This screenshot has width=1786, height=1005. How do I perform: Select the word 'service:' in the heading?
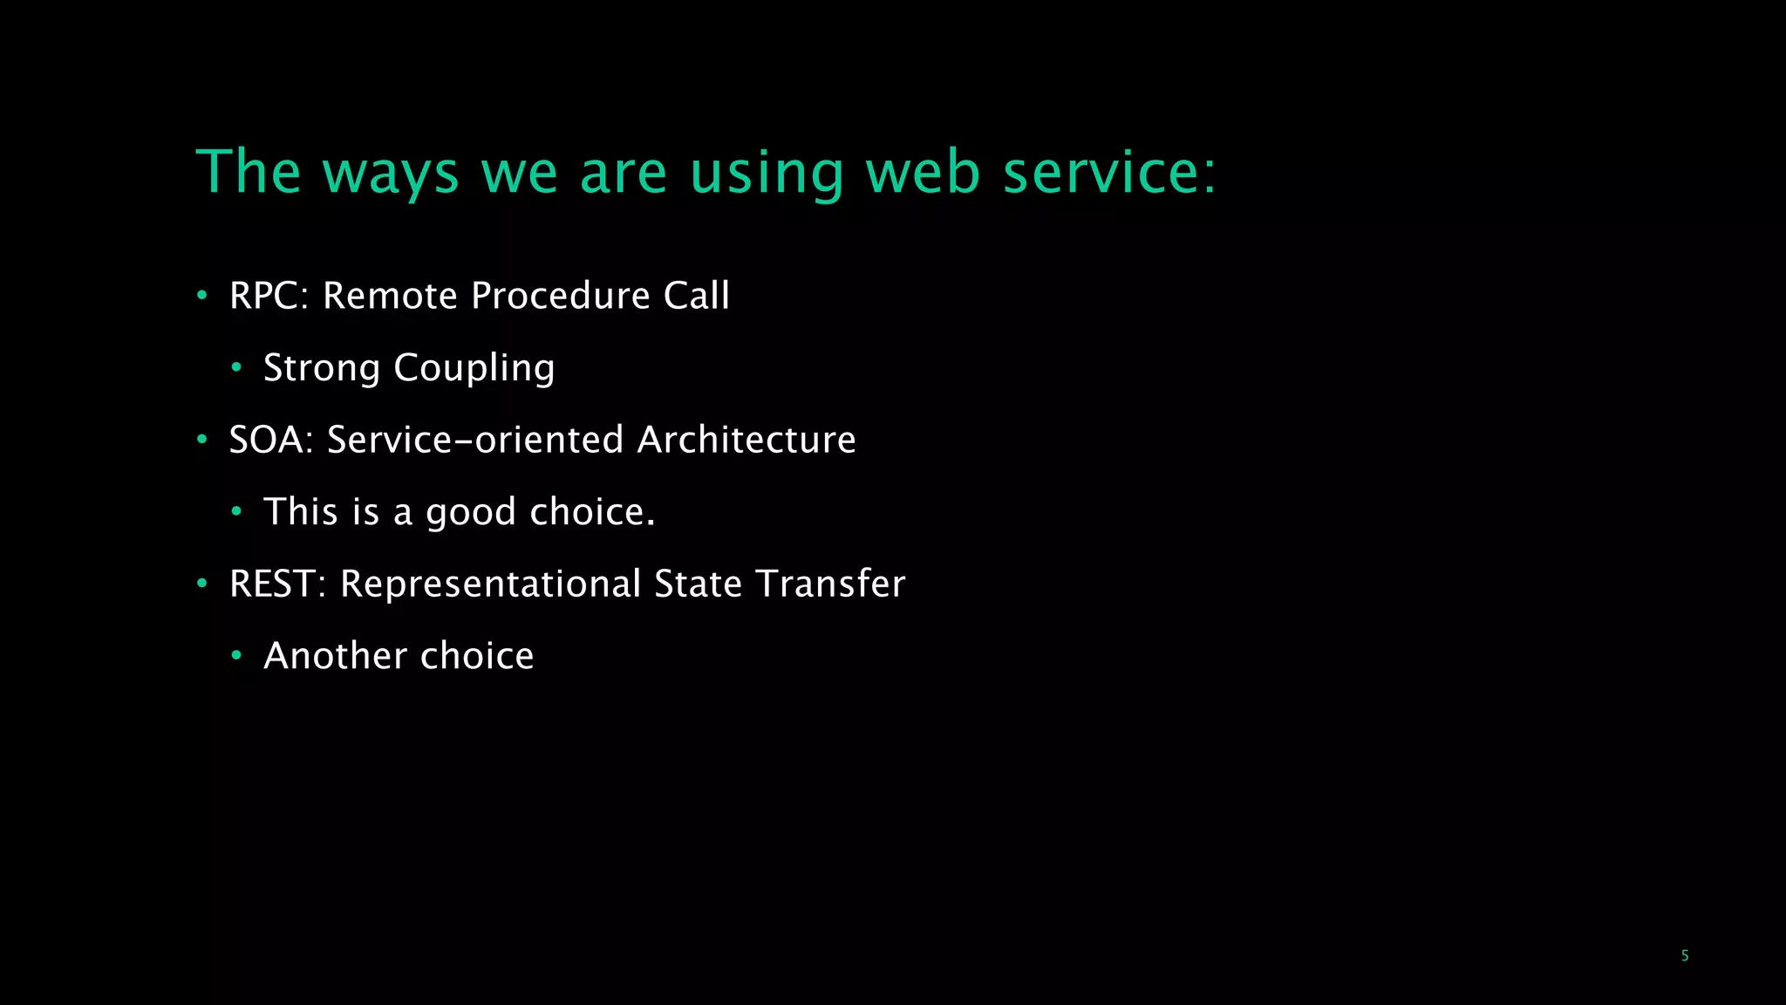pos(1109,172)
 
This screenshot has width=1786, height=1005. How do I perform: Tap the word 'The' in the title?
pos(249,172)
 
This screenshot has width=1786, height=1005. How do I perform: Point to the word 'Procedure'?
pos(561,296)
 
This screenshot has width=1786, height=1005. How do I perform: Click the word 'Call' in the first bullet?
pos(696,296)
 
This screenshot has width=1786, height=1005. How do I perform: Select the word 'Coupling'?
pos(474,368)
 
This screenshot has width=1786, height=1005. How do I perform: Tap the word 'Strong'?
pos(322,368)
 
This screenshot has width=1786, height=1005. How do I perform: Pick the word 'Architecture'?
pos(746,440)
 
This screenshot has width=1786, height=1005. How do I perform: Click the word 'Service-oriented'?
pos(475,440)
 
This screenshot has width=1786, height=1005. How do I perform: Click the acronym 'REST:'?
pos(277,584)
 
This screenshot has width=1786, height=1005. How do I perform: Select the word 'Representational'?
pos(491,584)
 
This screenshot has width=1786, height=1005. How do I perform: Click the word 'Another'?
pos(335,656)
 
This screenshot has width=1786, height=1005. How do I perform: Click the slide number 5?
pos(1684,956)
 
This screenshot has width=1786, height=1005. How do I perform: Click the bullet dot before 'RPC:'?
pos(202,296)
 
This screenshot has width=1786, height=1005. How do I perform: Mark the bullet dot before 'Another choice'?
pos(236,656)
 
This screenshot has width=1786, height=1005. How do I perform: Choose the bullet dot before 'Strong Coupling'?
pos(236,368)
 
